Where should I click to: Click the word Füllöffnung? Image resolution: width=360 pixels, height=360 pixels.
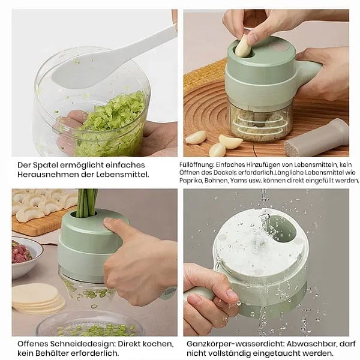point(197,165)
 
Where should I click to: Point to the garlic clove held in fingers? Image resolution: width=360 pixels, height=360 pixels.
point(244,46)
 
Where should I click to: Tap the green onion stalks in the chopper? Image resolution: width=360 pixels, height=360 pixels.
point(87,203)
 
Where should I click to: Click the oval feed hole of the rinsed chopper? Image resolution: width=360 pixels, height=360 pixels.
point(283,230)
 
